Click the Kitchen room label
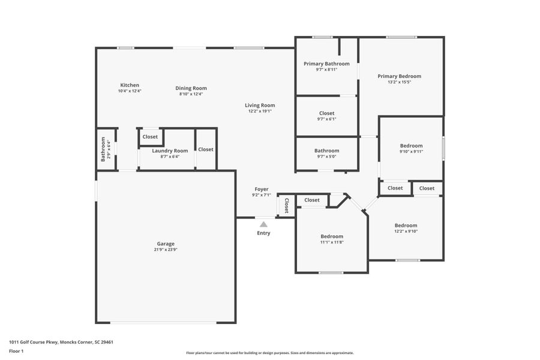tap(130, 85)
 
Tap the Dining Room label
tap(191, 88)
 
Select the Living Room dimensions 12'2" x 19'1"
tap(260, 111)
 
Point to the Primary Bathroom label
tap(326, 64)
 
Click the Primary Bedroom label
tap(399, 76)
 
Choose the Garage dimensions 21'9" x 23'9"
tap(166, 250)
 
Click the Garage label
tap(166, 244)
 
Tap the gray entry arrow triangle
tap(263, 224)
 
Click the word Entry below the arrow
tap(263, 233)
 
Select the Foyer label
tap(262, 189)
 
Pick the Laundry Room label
tap(170, 151)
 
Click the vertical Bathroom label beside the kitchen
tap(103, 149)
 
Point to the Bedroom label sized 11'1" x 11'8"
tap(332, 236)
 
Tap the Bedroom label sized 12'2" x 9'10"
tap(406, 226)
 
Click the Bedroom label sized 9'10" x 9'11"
tap(412, 146)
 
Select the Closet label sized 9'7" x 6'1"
tap(327, 113)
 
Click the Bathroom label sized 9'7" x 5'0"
tap(327, 151)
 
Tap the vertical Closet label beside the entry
tap(286, 206)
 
